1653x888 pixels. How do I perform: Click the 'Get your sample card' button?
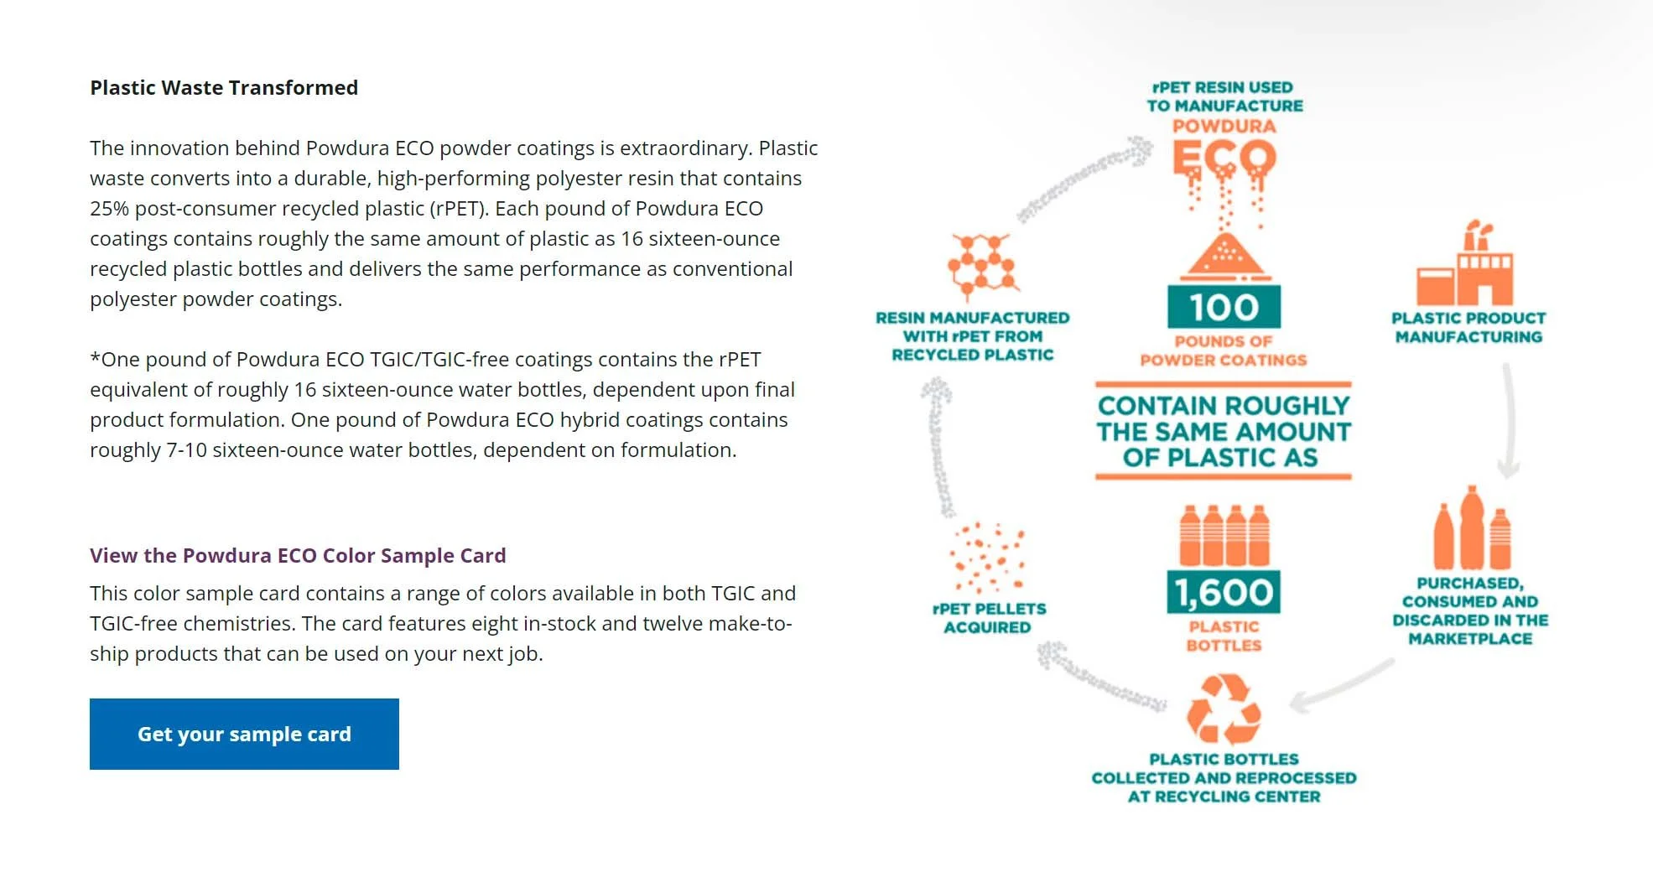(244, 734)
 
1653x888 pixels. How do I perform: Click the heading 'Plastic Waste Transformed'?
(224, 88)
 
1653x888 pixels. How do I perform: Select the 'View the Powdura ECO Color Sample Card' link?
(298, 555)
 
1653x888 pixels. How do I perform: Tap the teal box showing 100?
(1224, 307)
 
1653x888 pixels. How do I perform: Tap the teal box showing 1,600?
(1224, 593)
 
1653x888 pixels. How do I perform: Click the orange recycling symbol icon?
(1224, 709)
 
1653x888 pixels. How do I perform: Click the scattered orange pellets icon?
(987, 558)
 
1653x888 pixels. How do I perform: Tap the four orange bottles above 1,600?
(1224, 535)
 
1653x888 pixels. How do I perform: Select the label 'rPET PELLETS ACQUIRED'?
(988, 618)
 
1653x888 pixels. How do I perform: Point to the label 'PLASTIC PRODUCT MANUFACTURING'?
(1468, 327)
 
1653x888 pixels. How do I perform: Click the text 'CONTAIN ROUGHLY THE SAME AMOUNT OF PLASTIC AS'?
(1224, 432)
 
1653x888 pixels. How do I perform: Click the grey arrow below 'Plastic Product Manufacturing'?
(1509, 419)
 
